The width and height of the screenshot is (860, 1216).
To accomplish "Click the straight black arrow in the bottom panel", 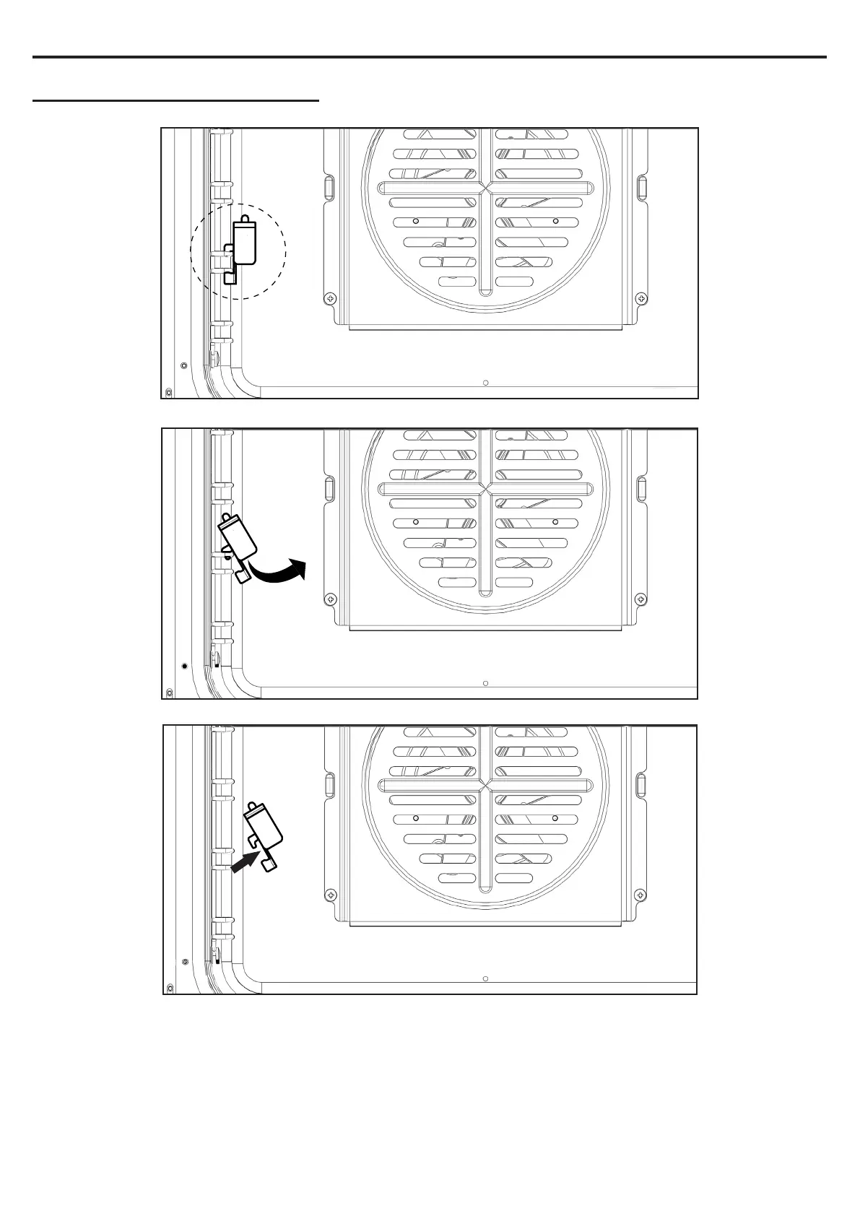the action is coord(246,861).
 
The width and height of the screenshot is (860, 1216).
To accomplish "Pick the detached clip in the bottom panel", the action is coord(264,835).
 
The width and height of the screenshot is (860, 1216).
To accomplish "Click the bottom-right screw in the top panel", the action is coord(640,298).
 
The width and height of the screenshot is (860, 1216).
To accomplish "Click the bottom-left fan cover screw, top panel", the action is coord(330,298).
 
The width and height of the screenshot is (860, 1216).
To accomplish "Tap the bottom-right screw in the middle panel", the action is coord(640,599).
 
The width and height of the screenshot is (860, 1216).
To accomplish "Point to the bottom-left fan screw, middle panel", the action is coord(330,599).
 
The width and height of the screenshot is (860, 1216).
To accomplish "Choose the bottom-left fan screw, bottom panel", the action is coord(330,895).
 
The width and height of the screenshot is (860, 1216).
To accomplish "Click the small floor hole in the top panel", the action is coord(486,383).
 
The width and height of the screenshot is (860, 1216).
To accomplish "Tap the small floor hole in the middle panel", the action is coord(486,682).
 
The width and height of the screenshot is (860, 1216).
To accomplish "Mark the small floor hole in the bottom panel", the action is coord(486,978).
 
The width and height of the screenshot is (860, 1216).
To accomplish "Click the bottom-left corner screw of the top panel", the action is coord(169,392).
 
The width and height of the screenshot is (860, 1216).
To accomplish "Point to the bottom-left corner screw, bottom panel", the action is coord(170,988).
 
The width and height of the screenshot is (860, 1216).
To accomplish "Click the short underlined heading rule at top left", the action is coord(175,101).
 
